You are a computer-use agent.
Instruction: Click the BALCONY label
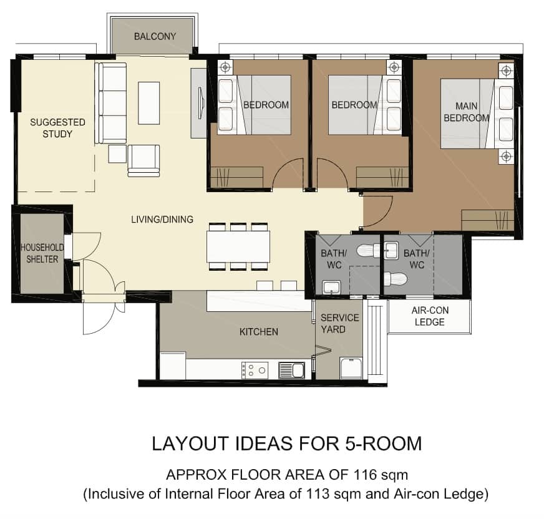click(x=155, y=36)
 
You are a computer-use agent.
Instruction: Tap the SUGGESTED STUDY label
click(x=57, y=128)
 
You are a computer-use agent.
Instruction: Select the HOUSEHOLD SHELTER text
click(x=42, y=253)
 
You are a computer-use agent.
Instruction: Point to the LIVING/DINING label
click(x=162, y=219)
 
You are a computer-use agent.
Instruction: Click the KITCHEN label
click(x=259, y=332)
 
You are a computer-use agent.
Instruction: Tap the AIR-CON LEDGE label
click(x=430, y=316)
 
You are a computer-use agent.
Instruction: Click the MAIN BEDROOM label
click(x=466, y=112)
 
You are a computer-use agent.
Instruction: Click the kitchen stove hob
click(x=255, y=370)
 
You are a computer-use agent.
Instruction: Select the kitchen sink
click(x=292, y=370)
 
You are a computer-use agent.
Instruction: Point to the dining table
click(x=238, y=246)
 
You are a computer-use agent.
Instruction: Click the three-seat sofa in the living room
click(x=110, y=103)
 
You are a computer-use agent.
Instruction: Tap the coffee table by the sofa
click(x=149, y=103)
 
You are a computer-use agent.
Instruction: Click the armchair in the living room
click(x=143, y=160)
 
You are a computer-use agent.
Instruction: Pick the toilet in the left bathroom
click(x=369, y=251)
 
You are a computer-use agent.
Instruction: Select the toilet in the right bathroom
click(x=395, y=279)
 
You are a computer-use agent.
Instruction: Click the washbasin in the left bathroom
click(x=331, y=287)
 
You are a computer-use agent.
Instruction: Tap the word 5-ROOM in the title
click(x=384, y=444)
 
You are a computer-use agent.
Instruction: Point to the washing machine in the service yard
click(x=351, y=368)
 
